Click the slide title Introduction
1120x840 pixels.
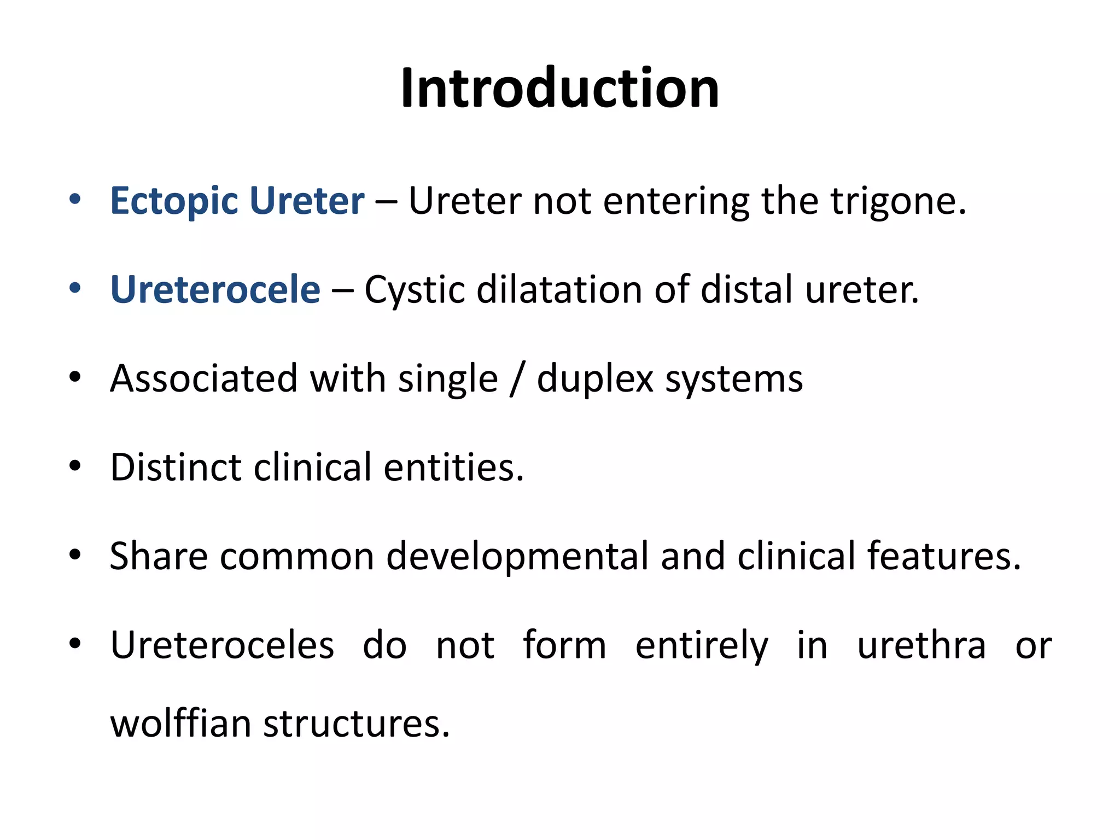click(559, 89)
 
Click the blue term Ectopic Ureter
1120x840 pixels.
click(237, 201)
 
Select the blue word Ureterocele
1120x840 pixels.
click(215, 289)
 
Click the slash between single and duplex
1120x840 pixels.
click(516, 379)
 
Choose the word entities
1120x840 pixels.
click(453, 468)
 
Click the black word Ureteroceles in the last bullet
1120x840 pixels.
click(222, 645)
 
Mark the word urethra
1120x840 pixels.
click(921, 645)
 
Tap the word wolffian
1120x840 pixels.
click(180, 724)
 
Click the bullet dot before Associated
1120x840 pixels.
click(75, 377)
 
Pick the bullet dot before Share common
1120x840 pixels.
click(75, 555)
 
